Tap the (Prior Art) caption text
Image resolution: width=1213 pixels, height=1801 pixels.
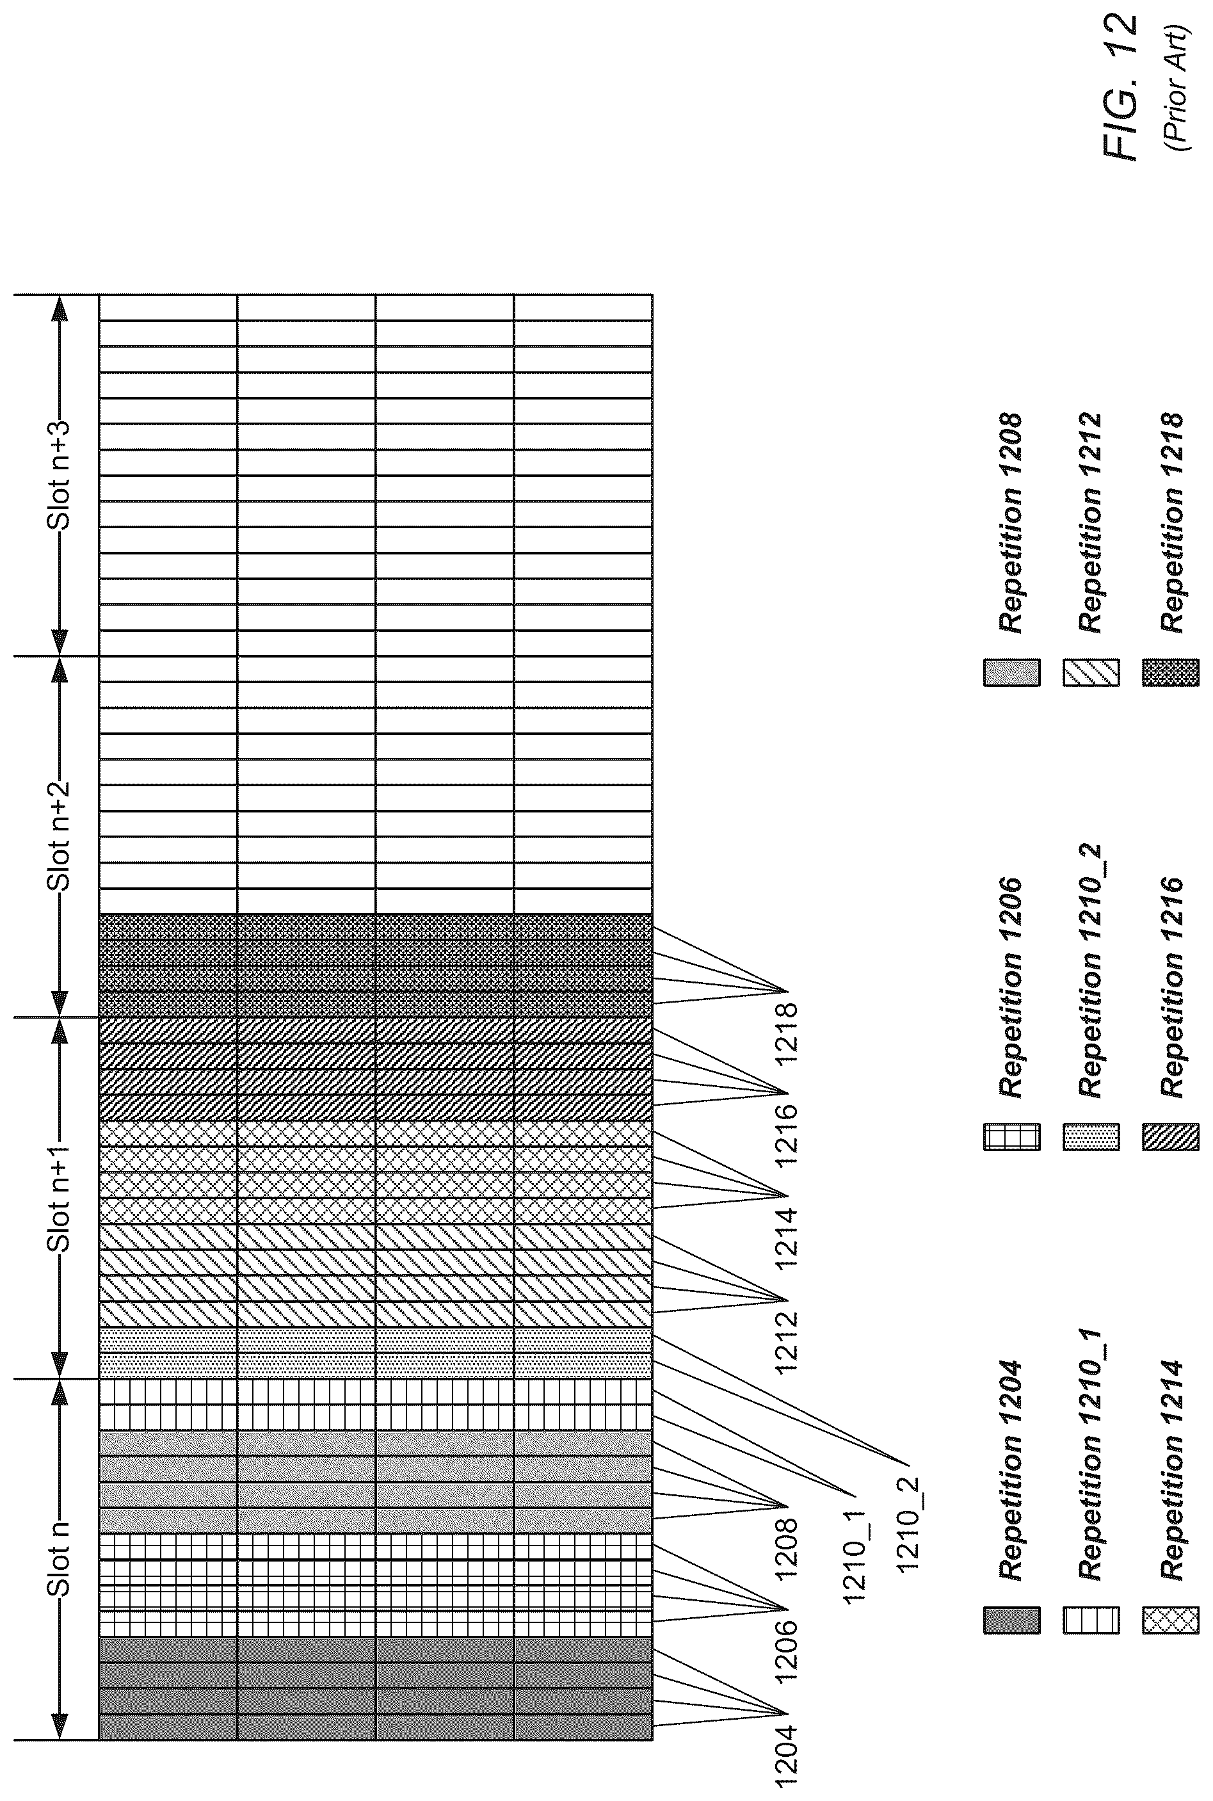(1178, 88)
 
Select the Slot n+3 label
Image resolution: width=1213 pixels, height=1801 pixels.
(60, 475)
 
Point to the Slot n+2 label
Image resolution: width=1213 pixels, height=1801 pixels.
(60, 836)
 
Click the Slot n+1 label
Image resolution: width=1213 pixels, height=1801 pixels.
(60, 1197)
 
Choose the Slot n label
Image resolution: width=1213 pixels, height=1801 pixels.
(60, 1559)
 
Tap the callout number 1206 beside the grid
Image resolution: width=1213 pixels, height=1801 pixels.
(786, 1652)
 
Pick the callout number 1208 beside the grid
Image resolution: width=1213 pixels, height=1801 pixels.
(786, 1549)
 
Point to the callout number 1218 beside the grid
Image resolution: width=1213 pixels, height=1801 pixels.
(786, 1033)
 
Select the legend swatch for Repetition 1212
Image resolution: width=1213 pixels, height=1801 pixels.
(1091, 672)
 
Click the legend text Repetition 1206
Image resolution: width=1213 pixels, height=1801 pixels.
(1011, 987)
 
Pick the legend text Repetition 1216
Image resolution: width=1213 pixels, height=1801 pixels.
(1171, 987)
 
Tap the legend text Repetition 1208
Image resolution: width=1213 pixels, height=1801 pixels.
(1011, 523)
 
